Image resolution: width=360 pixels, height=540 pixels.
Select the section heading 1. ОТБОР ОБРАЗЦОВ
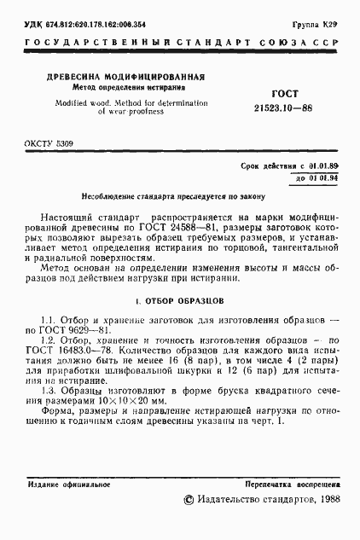[x=179, y=301]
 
